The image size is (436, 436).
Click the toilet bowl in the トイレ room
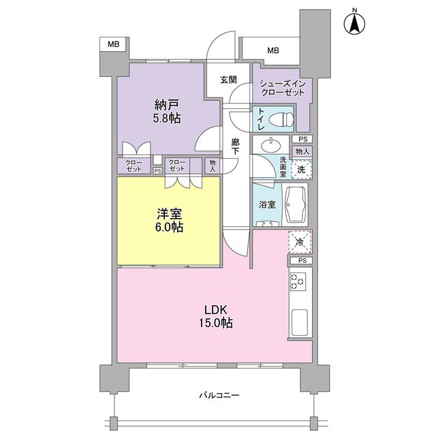point(281,121)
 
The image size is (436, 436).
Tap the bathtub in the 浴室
point(296,204)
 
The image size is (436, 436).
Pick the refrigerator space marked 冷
point(300,241)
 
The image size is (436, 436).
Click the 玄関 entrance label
point(229,80)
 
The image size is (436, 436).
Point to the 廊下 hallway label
point(235,146)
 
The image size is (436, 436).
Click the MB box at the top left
point(113,44)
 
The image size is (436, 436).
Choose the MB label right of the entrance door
point(272,50)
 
